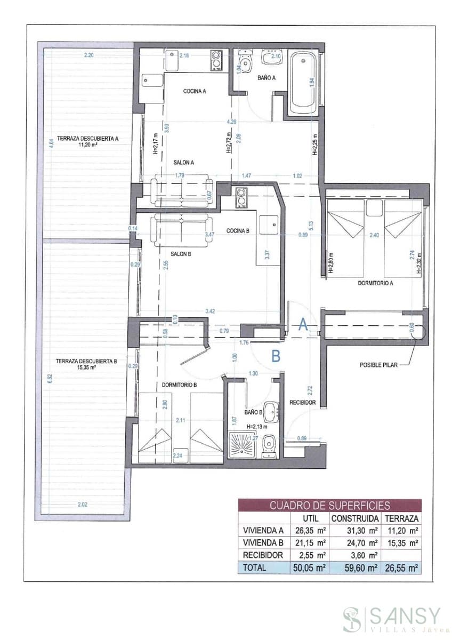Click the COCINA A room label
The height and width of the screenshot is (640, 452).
click(195, 91)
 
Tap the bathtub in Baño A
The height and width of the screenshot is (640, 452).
click(303, 83)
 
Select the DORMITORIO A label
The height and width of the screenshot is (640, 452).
click(375, 283)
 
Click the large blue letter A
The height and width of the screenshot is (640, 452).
click(302, 325)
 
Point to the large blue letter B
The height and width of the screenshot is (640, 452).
click(276, 356)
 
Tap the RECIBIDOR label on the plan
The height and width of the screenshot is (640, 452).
click(303, 402)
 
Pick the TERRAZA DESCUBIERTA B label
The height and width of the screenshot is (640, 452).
click(86, 363)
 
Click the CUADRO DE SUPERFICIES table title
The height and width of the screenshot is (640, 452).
click(329, 505)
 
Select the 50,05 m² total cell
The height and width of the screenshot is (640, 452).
click(309, 568)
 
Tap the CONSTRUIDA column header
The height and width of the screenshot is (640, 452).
click(354, 518)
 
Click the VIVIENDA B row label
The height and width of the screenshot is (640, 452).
click(263, 543)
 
